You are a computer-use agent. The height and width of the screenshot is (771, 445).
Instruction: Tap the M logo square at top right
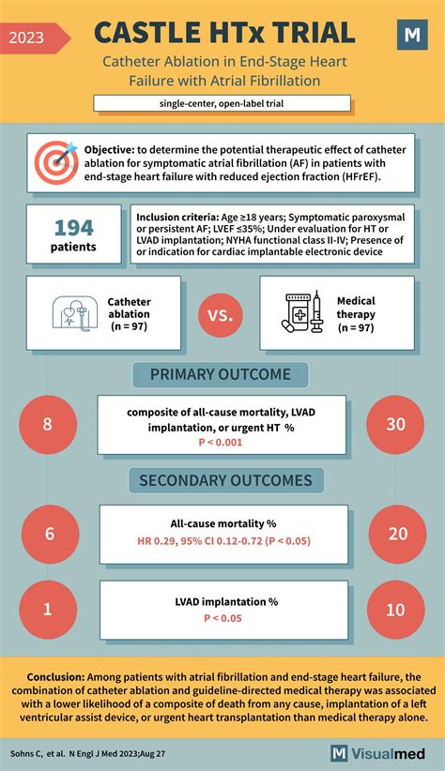click(411, 36)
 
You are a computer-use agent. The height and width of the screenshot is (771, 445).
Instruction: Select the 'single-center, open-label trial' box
click(222, 102)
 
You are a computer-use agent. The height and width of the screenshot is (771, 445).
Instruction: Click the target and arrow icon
click(55, 161)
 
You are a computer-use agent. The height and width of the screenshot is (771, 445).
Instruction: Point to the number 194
click(73, 227)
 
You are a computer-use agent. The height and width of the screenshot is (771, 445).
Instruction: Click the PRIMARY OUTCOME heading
click(222, 374)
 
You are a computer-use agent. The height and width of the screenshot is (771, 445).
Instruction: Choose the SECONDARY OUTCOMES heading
click(225, 480)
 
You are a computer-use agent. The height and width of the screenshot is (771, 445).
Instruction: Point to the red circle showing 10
click(395, 610)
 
